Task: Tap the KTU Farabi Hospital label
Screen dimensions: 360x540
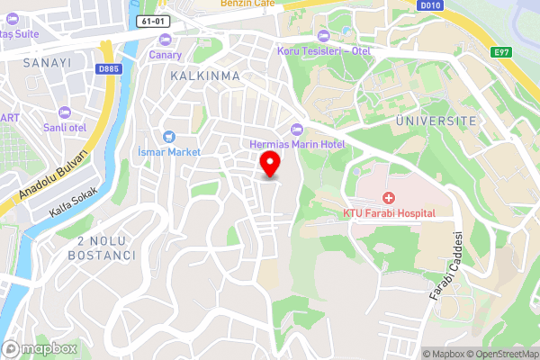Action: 389,213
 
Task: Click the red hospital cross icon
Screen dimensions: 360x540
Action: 389,197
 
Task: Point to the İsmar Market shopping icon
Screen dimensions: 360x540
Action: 168,137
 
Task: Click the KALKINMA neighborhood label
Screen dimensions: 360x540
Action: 205,76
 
